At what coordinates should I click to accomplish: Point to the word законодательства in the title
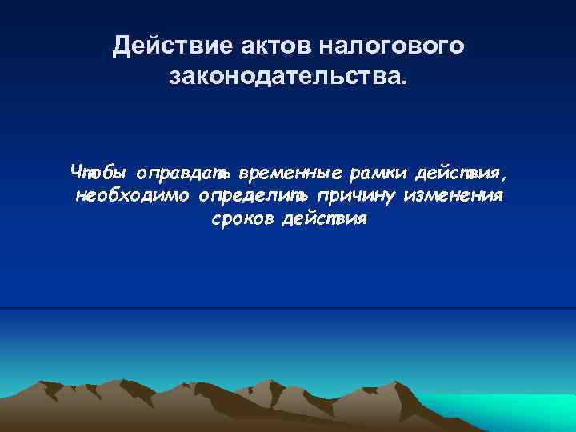[283, 78]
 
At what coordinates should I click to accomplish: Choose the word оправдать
[183, 172]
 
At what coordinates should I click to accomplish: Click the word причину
[358, 196]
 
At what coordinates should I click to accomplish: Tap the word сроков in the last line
[242, 220]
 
